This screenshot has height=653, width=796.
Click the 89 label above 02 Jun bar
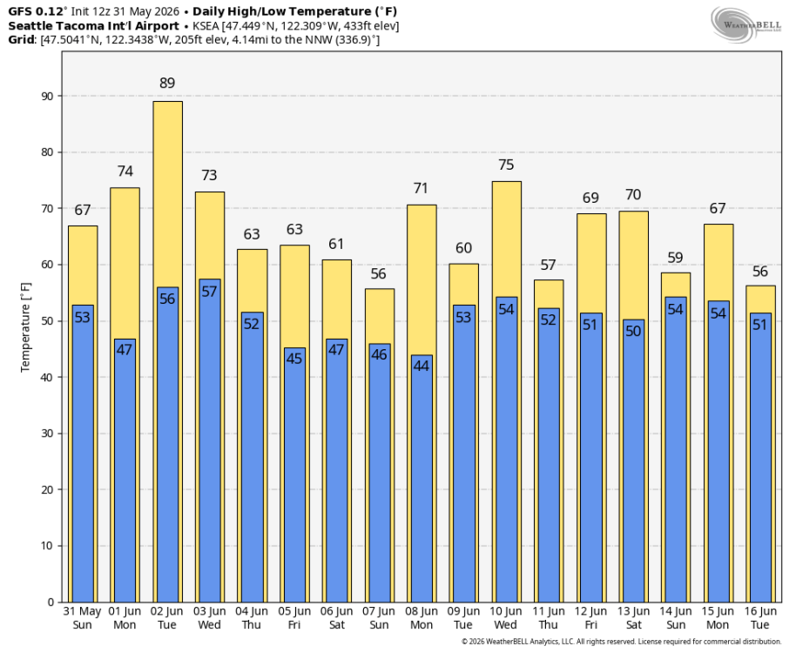(x=167, y=84)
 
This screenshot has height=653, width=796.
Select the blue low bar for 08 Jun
(x=422, y=479)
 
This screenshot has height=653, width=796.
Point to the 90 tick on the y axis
(x=48, y=96)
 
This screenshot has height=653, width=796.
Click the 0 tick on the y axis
(x=51, y=603)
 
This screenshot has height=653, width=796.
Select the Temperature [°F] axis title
(x=25, y=327)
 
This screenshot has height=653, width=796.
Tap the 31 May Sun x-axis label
(x=82, y=618)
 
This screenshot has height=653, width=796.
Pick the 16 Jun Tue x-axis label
(x=760, y=618)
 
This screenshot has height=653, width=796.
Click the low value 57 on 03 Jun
(x=209, y=292)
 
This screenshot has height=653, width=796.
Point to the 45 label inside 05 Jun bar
(x=294, y=359)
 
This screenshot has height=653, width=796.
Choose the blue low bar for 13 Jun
(x=633, y=461)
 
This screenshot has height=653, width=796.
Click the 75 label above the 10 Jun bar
(x=506, y=165)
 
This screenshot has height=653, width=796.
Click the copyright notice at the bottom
(x=621, y=642)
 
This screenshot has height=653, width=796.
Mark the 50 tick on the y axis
(x=48, y=321)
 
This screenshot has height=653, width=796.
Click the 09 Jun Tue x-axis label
(x=463, y=618)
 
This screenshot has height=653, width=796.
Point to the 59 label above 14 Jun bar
(x=675, y=258)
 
